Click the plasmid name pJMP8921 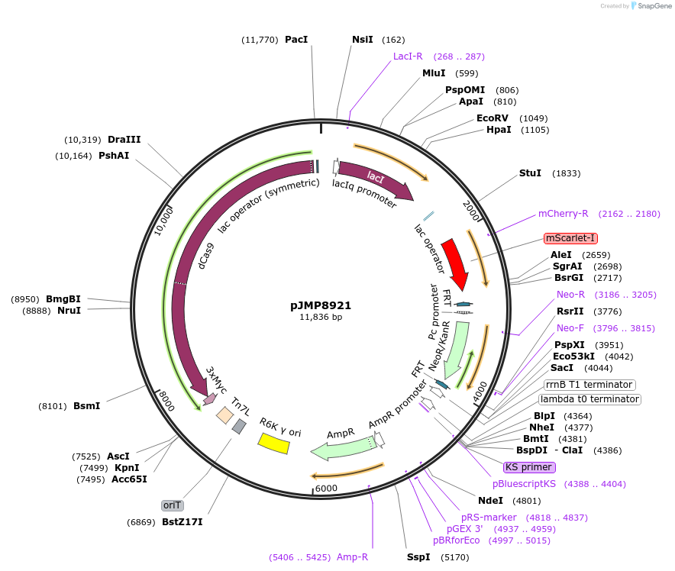(321, 305)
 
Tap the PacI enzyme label (296, 39)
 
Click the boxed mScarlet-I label (570, 238)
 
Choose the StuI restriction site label (530, 173)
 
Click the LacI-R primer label (408, 56)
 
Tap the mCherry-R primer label (563, 214)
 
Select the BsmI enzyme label (86, 406)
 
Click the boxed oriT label (172, 505)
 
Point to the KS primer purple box (528, 467)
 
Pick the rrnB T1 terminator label (589, 385)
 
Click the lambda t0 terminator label (589, 399)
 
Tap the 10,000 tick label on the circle (165, 220)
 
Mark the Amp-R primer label (352, 557)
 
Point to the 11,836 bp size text (321, 317)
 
